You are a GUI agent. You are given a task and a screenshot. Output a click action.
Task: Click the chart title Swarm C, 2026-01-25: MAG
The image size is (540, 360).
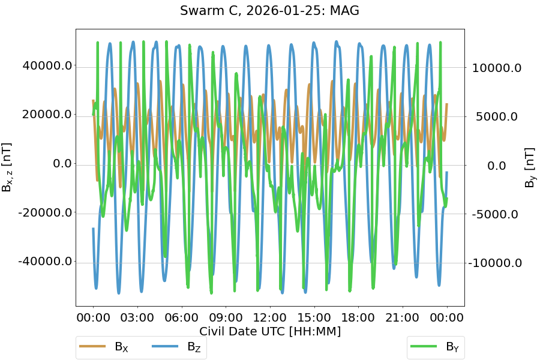tap(269, 10)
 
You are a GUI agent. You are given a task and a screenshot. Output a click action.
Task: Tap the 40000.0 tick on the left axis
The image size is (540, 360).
tap(47, 65)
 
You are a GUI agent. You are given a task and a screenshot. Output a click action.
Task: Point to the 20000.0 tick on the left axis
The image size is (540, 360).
tap(47, 115)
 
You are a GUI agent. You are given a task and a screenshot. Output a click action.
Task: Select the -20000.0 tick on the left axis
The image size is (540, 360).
tap(44, 212)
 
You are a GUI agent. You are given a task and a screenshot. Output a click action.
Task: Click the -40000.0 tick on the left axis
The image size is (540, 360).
tap(44, 262)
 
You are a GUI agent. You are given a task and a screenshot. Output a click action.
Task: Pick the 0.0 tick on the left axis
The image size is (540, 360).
tap(58, 163)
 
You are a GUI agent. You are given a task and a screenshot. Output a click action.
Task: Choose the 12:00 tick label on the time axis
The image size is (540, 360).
tap(270, 317)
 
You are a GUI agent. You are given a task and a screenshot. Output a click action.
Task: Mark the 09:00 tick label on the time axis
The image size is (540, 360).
tap(226, 317)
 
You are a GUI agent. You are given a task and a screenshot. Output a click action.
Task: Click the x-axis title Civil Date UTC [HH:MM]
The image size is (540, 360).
tap(270, 331)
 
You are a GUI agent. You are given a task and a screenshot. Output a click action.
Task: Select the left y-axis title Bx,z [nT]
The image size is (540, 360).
tap(8, 167)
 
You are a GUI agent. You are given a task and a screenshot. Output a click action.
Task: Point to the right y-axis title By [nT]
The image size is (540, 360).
tap(530, 167)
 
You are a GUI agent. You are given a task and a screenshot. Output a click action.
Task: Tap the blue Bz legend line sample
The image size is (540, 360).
tap(165, 347)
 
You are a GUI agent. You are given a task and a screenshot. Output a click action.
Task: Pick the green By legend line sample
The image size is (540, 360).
tap(424, 346)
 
